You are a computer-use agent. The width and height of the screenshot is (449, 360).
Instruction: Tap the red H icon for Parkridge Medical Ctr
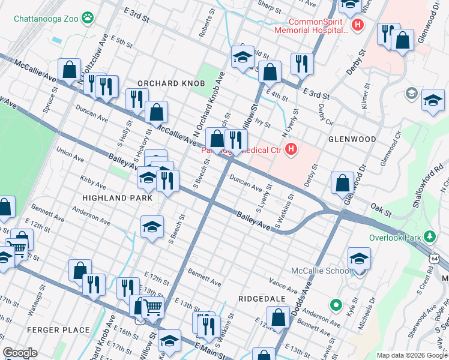[291, 149]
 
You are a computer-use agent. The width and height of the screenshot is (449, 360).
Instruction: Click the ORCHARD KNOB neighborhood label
[171, 83]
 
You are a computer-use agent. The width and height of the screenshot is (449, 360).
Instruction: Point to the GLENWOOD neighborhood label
[352, 139]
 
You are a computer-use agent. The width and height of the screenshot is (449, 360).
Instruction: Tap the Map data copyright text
[412, 355]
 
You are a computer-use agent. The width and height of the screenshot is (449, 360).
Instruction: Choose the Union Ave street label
[70, 155]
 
